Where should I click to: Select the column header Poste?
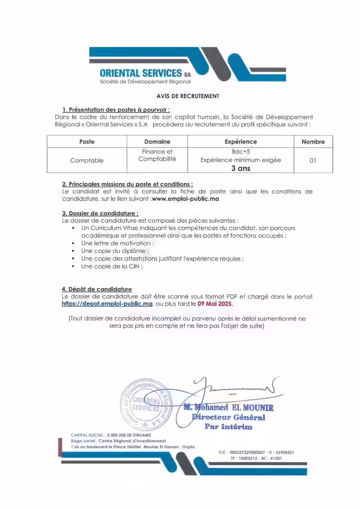(87, 142)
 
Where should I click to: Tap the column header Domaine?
(157, 142)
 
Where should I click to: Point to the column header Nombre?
(313, 142)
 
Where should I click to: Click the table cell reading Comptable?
(87, 160)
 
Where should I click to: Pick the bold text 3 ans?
(241, 168)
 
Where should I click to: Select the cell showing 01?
(313, 161)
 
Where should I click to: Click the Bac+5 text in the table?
(241, 151)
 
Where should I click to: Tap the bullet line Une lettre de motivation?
(117, 243)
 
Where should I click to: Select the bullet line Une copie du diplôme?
(114, 251)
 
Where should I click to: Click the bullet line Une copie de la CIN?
(112, 266)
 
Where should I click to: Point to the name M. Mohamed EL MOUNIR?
(228, 408)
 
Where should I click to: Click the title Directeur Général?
(229, 417)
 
